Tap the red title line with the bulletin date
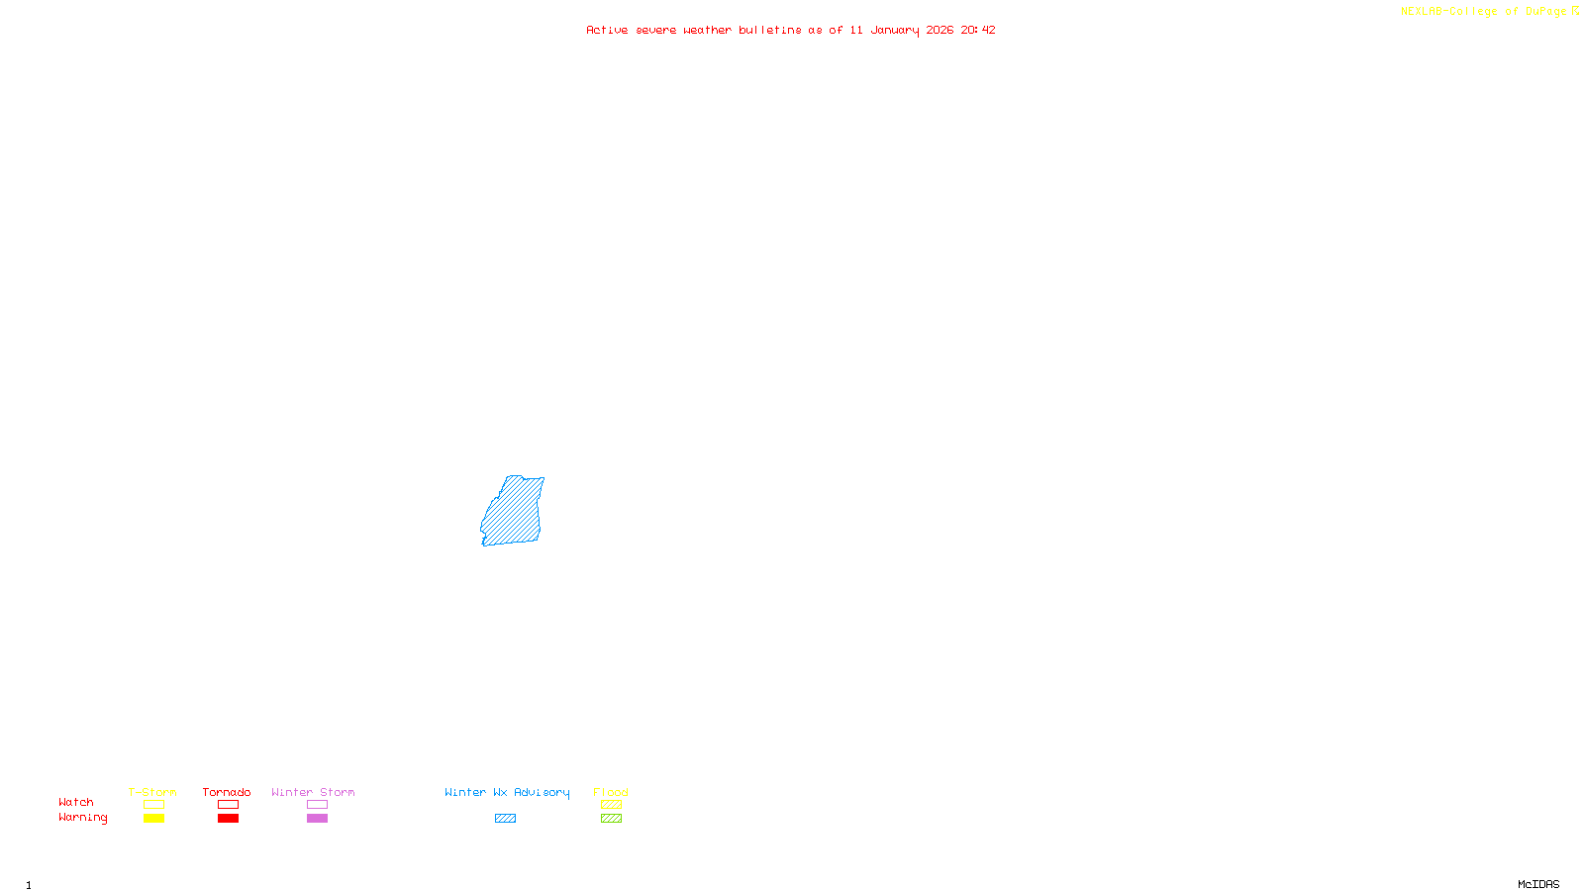pos(790,30)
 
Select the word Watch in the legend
pos(76,802)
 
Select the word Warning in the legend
pos(82,818)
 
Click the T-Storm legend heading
pos(152,792)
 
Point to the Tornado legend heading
pos(227,792)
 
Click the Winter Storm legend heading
pos(313,792)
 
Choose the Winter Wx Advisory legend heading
pos(507,792)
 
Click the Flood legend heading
pos(611,792)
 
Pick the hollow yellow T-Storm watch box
pos(153,805)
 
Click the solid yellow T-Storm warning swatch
pos(153,819)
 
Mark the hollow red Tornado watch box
pos(228,805)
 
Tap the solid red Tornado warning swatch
pos(228,819)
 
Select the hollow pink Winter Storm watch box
pos(317,805)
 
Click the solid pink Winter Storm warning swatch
pos(317,819)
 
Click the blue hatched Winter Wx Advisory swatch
pos(505,819)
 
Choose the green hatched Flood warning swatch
pos(611,819)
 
